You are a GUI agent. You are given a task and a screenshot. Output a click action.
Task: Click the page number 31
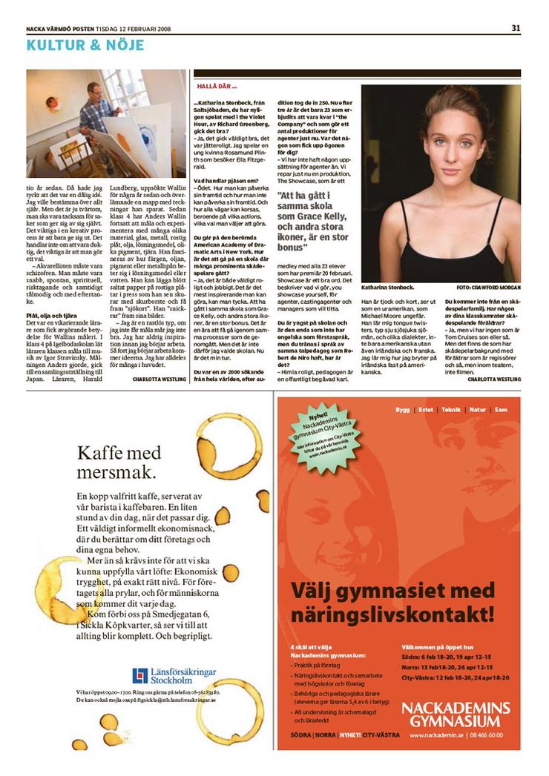pos(516,28)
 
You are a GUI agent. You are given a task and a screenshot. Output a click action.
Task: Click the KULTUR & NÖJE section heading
pos(85,45)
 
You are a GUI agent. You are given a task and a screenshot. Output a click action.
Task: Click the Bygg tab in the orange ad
pos(402,410)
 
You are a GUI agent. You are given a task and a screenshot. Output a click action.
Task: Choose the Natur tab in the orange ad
pos(477,410)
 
